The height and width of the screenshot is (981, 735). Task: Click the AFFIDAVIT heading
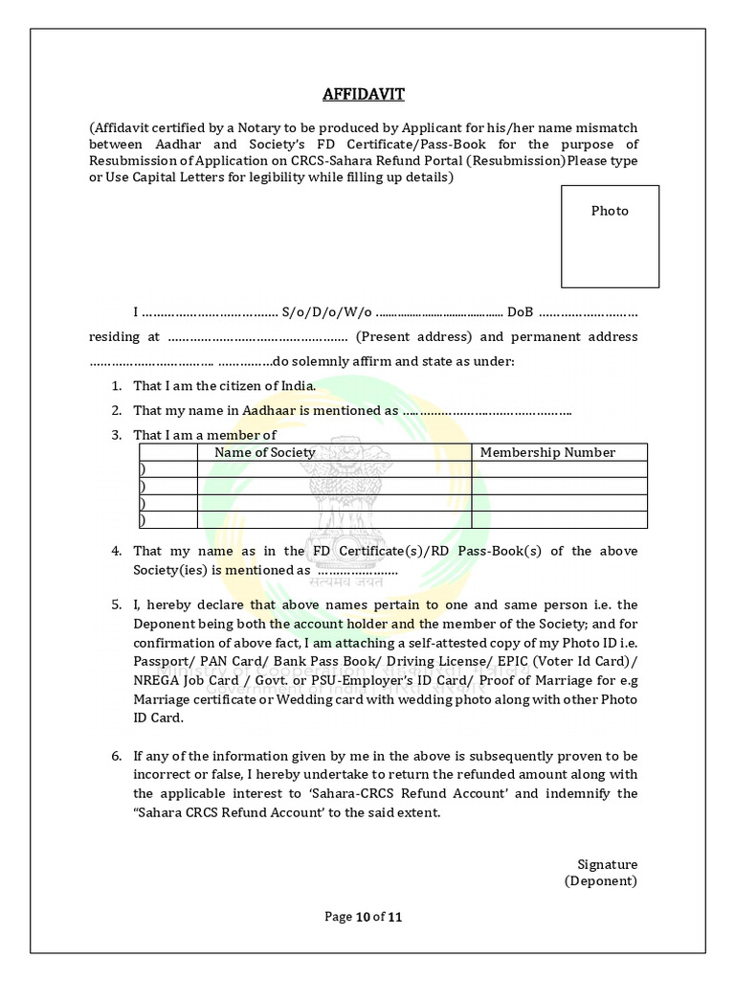[363, 94]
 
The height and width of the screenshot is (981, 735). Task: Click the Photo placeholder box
[610, 237]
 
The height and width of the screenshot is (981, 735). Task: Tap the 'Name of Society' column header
[264, 452]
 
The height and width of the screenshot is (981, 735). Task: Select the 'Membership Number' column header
[547, 452]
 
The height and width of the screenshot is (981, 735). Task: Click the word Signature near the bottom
[607, 864]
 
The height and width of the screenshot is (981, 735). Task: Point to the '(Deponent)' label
[601, 880]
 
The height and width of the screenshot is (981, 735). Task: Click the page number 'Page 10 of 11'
[363, 917]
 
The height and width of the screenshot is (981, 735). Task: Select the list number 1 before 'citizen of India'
[115, 385]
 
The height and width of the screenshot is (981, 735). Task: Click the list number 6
[115, 756]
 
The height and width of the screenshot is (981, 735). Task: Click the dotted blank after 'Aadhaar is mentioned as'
[487, 411]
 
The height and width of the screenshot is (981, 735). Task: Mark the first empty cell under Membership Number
[559, 469]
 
